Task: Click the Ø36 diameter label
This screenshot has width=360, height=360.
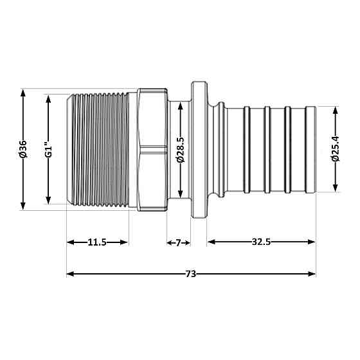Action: coord(23,148)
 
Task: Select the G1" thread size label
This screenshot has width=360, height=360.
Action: coord(47,148)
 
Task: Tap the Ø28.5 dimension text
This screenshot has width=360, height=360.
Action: coord(181,148)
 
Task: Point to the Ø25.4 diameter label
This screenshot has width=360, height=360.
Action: coord(334,148)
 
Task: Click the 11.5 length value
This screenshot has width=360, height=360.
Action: coord(97,242)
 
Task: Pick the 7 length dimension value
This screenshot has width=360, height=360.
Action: coord(179,242)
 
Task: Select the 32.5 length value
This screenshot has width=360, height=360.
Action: coord(261,242)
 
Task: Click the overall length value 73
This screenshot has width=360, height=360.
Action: coord(190,274)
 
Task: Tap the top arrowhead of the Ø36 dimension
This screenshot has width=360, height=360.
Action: coord(23,92)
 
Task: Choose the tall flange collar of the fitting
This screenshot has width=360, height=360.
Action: coord(199,148)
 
